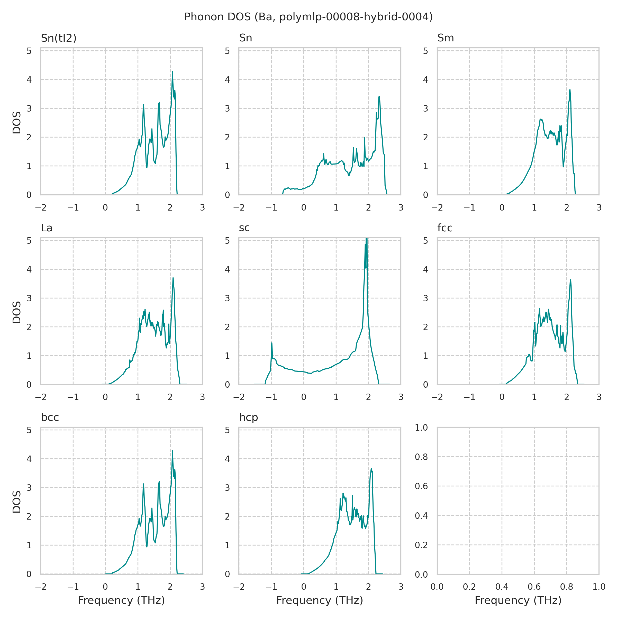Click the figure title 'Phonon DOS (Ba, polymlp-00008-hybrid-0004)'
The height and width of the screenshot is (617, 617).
coord(308,17)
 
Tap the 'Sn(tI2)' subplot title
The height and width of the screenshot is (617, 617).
coord(59,38)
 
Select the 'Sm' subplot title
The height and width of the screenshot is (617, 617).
coord(446,38)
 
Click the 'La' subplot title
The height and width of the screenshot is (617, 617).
coord(47,228)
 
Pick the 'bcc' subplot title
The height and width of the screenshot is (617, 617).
coord(50,418)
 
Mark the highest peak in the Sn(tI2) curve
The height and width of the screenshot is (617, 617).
coord(173,71)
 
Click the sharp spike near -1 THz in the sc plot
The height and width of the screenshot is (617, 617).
coord(272,343)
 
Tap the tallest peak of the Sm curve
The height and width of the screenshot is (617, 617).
coord(570,90)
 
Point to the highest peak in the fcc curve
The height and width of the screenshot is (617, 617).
coord(570,280)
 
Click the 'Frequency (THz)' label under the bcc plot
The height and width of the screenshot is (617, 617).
coord(121,601)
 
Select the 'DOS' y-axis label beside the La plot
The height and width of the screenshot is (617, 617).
coord(17,312)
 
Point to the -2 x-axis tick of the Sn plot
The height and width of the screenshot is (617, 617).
coord(239,208)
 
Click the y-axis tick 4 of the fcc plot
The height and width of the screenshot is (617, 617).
coord(425,269)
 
